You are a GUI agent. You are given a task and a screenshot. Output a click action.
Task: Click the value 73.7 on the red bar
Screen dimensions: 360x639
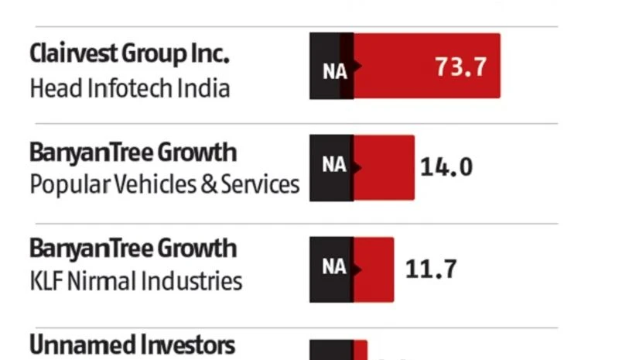click(461, 67)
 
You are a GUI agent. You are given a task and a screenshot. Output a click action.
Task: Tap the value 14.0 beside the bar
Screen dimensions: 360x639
click(446, 166)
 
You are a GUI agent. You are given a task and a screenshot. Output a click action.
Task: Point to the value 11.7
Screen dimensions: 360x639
click(431, 269)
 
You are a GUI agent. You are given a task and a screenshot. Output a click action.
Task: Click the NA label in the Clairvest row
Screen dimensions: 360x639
click(334, 70)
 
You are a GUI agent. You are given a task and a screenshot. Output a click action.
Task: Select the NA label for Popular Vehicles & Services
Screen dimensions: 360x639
click(334, 166)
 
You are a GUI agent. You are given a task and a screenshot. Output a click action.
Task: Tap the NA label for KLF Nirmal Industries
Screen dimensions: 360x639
click(334, 267)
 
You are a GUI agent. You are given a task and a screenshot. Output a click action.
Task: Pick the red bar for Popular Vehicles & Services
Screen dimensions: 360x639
click(384, 167)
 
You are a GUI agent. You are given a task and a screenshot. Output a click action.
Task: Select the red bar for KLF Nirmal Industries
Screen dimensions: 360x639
click(374, 269)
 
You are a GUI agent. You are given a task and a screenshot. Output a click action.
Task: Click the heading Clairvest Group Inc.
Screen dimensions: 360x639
click(129, 54)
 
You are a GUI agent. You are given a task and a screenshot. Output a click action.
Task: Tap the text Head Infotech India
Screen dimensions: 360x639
click(129, 87)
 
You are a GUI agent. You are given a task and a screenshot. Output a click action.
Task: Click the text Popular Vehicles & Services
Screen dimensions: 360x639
click(164, 184)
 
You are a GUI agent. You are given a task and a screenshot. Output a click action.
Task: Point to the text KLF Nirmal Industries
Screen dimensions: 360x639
click(135, 280)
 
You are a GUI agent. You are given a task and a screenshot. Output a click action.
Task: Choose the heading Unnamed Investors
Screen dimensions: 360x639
click(132, 345)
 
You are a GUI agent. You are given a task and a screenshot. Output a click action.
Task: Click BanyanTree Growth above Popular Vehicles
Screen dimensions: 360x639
click(132, 152)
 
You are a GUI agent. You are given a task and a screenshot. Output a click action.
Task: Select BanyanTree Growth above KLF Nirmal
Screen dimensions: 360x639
click(132, 248)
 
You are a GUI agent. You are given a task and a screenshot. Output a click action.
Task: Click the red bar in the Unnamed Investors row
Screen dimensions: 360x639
click(360, 351)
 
